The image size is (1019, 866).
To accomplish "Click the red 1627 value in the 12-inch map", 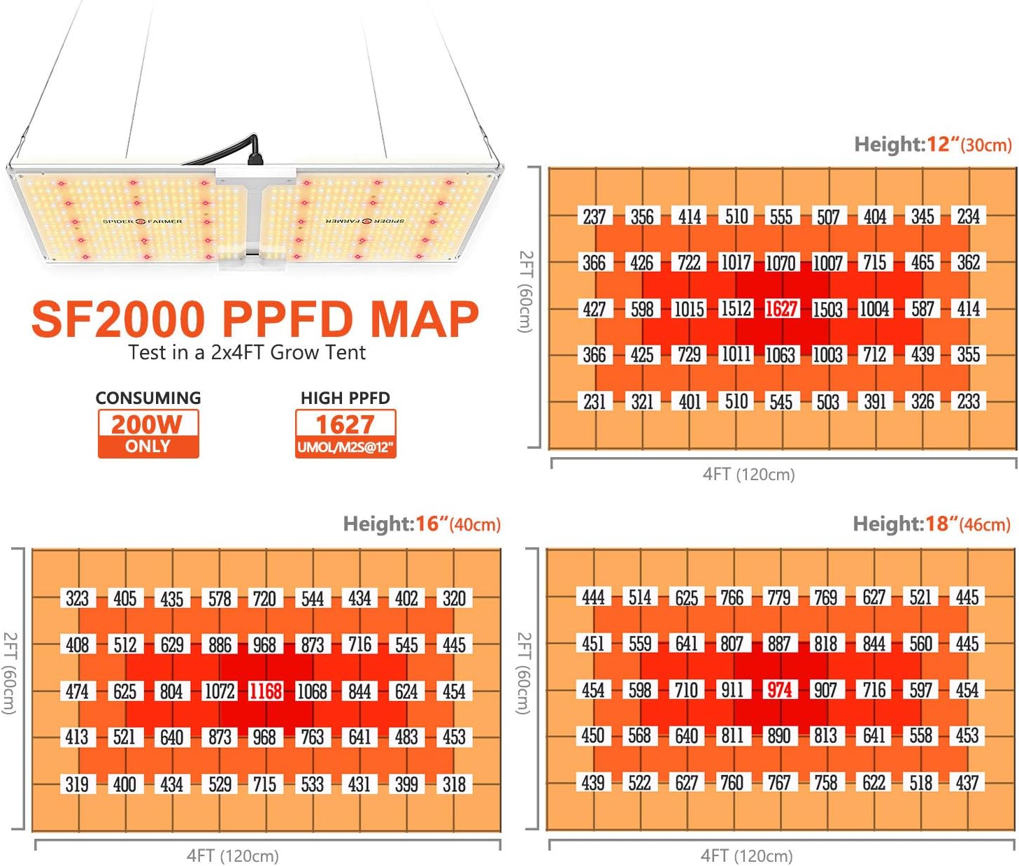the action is (x=781, y=309).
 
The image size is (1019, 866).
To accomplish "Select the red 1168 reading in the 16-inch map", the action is (x=265, y=691).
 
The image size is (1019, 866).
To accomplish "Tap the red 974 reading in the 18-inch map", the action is (x=779, y=690).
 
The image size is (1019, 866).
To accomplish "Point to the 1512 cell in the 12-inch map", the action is (x=736, y=309).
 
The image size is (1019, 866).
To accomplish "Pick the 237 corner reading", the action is (x=594, y=217).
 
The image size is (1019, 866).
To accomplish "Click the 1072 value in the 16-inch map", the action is (x=220, y=691).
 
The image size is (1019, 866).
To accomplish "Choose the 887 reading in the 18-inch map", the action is (x=779, y=643).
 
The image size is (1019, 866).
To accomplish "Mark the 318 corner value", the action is (x=453, y=784).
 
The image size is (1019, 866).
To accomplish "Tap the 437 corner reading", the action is (x=967, y=782).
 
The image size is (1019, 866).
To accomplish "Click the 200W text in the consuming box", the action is (x=148, y=424).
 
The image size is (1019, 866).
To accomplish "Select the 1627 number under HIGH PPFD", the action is (x=345, y=425).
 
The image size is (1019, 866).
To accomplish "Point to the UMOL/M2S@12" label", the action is (x=345, y=447).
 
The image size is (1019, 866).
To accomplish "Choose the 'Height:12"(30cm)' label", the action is (x=933, y=145).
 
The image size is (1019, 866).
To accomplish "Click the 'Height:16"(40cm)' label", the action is (x=422, y=524).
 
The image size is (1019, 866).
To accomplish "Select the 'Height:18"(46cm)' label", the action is (x=932, y=524).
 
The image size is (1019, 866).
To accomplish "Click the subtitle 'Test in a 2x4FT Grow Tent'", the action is (x=247, y=353).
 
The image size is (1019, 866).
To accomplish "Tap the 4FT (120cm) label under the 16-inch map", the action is (x=233, y=856).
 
